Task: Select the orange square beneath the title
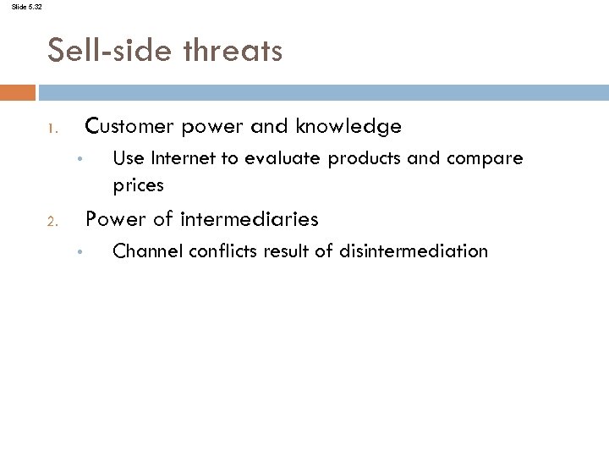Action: [x=18, y=91]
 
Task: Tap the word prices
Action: [x=138, y=184]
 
